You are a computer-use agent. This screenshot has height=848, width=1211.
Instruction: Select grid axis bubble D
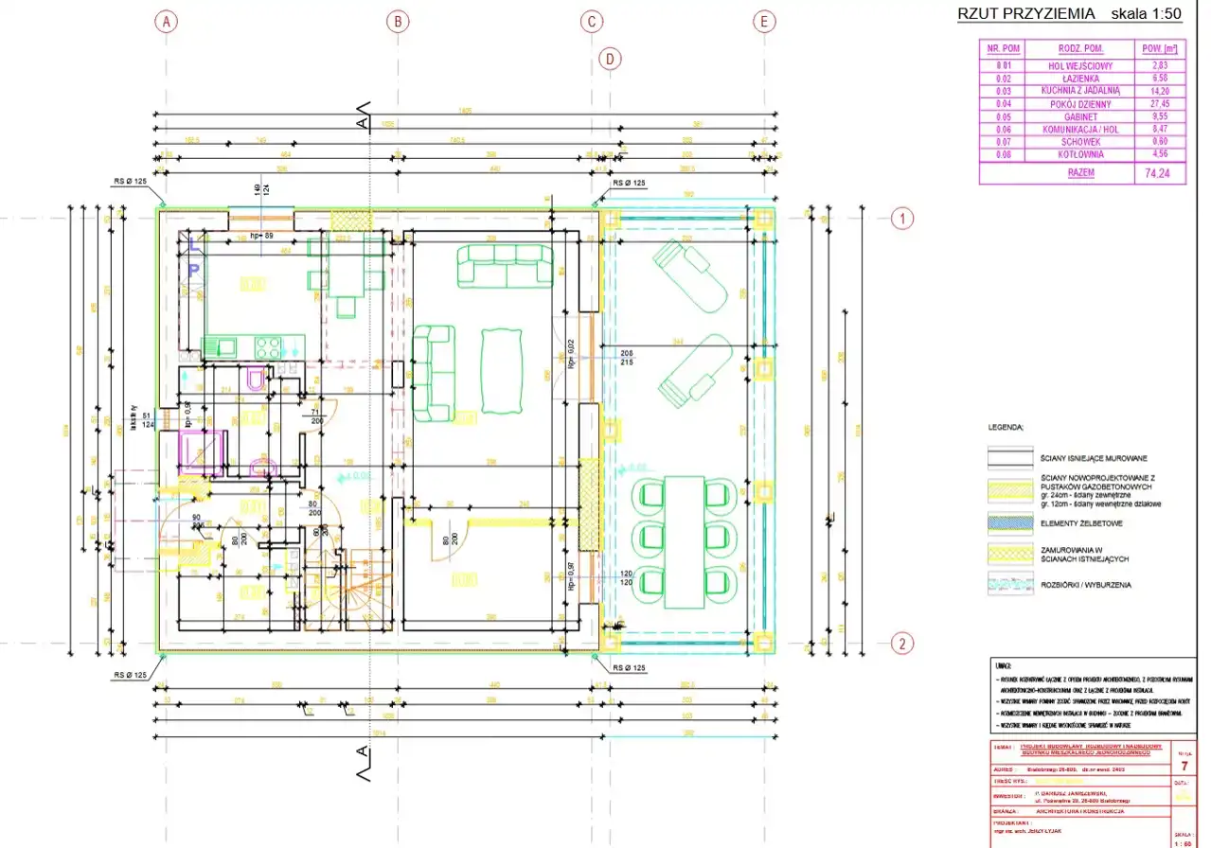pyautogui.click(x=611, y=59)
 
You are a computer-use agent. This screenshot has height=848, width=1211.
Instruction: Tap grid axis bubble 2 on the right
pyautogui.click(x=904, y=644)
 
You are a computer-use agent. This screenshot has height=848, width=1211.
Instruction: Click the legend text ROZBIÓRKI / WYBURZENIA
pyautogui.click(x=1086, y=585)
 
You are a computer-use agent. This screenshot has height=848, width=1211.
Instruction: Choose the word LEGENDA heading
pyautogui.click(x=1006, y=427)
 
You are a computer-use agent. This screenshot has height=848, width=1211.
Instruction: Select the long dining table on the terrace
pyautogui.click(x=684, y=541)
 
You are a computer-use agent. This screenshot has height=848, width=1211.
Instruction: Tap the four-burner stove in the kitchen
pyautogui.click(x=268, y=347)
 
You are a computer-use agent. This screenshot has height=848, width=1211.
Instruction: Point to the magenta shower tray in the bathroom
pyautogui.click(x=202, y=450)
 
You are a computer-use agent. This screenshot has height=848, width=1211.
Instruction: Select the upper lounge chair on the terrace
pyautogui.click(x=691, y=276)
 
